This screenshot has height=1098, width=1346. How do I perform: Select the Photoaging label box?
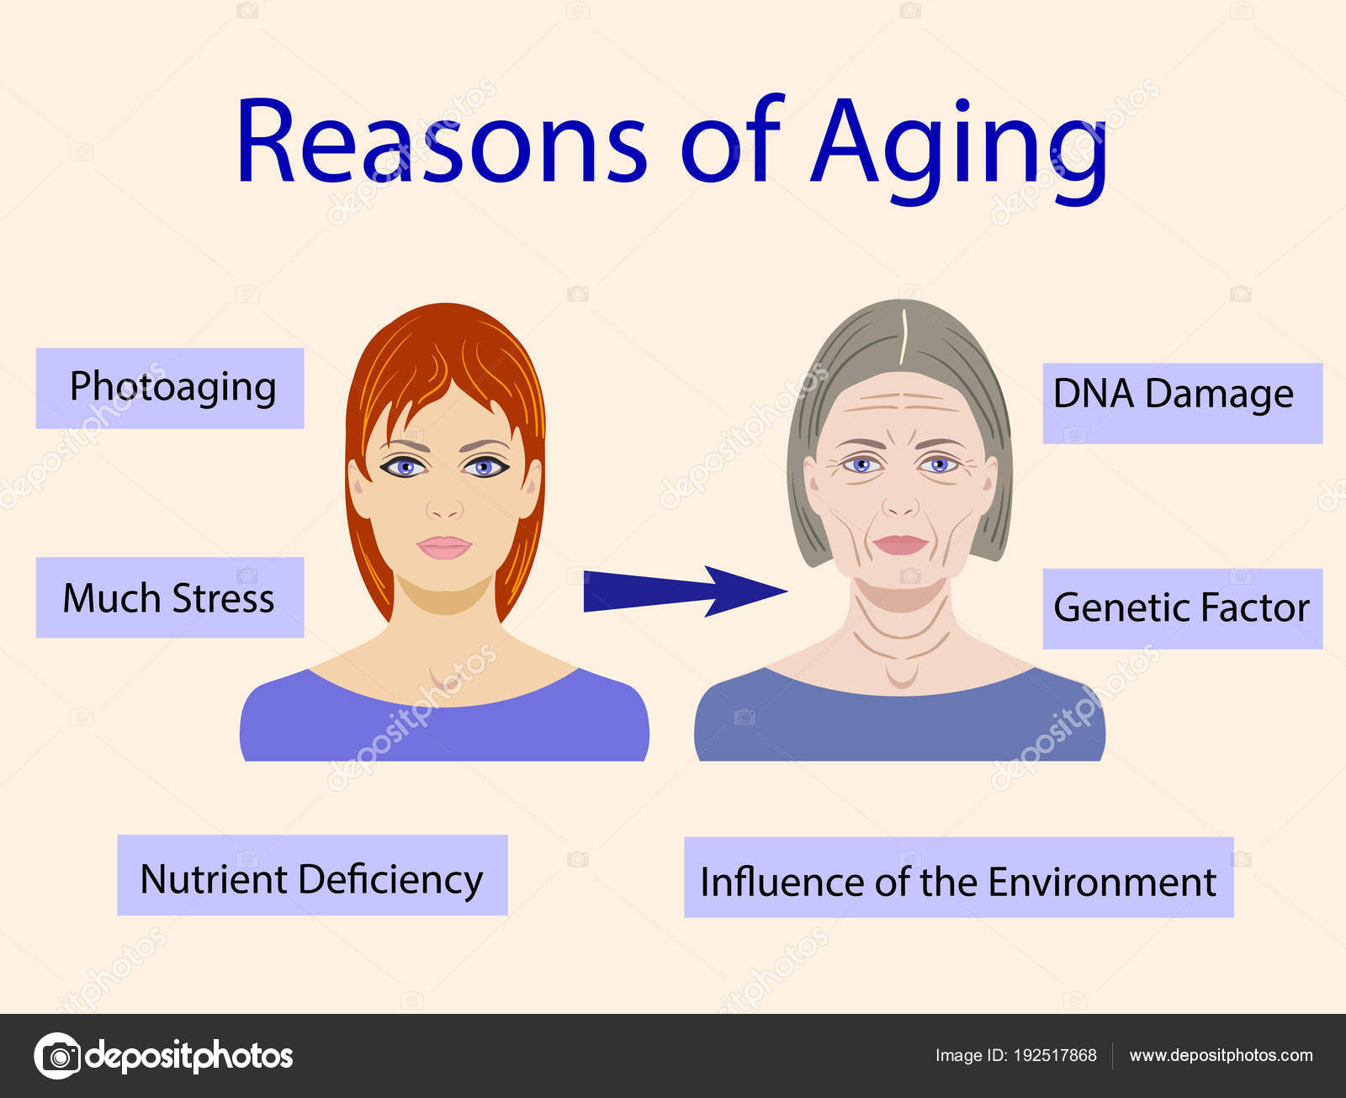[170, 388]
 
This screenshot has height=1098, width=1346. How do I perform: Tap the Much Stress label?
[170, 598]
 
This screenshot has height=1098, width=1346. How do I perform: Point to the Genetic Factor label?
[1181, 608]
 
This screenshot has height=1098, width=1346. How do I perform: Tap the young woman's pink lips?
[444, 547]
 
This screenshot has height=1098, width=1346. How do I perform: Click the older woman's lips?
[900, 544]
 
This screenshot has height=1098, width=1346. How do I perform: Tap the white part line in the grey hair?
[904, 337]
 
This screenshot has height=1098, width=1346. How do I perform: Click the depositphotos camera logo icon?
[57, 1055]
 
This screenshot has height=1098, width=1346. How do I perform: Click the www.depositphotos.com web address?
[1221, 1055]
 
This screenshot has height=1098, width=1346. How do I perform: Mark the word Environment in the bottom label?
[1102, 882]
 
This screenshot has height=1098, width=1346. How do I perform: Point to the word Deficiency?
[390, 879]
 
